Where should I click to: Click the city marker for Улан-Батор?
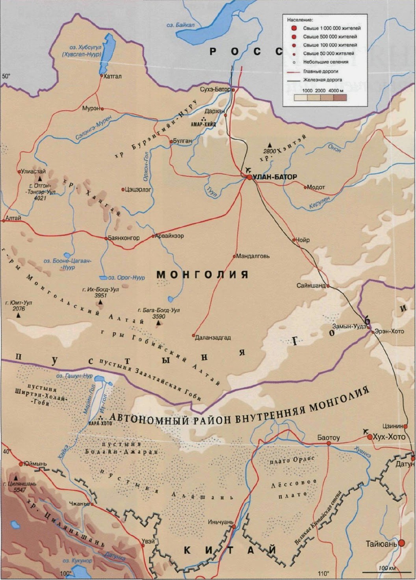point(249,177)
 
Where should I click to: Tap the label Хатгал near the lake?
point(112,76)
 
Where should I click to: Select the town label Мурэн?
point(91,108)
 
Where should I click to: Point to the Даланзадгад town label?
point(213,338)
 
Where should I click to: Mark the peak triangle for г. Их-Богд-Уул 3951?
point(100,303)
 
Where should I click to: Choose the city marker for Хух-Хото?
point(370,437)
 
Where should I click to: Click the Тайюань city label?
point(381,544)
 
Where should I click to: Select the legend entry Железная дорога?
point(322,80)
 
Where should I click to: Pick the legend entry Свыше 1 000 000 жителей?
point(332,28)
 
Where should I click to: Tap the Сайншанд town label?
point(311,285)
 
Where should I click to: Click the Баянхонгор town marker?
point(106,238)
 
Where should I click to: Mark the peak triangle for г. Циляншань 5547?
point(16,476)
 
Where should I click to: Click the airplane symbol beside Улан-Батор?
point(248,169)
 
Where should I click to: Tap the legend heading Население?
point(300,19)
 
